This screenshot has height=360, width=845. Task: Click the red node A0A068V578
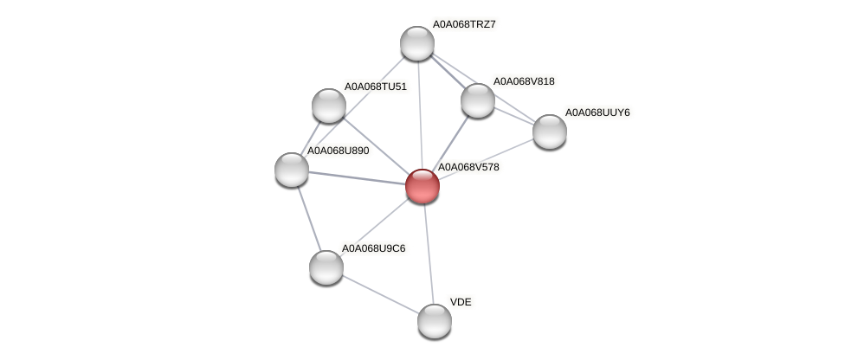(x=422, y=186)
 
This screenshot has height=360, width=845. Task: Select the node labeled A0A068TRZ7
(x=416, y=43)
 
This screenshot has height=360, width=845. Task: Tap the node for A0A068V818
(x=477, y=100)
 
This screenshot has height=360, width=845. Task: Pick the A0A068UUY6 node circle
(x=549, y=132)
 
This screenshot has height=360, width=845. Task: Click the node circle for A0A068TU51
(x=328, y=106)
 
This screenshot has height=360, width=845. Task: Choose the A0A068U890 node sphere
(x=292, y=169)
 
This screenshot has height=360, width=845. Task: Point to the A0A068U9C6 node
(x=326, y=267)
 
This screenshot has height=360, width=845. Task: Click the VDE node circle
(x=435, y=320)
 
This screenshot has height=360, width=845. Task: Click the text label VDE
(x=461, y=302)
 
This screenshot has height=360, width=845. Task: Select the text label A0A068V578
(x=468, y=167)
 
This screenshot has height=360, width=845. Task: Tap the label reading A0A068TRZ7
(x=464, y=24)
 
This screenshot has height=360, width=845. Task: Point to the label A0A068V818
(x=524, y=81)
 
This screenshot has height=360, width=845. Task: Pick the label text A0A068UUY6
(x=597, y=112)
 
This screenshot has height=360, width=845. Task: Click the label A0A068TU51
(x=375, y=87)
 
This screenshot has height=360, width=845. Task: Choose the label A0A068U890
(x=339, y=151)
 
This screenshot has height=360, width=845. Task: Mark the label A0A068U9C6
(x=373, y=248)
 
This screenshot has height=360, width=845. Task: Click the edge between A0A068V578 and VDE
(x=429, y=253)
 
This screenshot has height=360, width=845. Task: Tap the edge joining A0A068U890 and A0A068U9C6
(x=309, y=217)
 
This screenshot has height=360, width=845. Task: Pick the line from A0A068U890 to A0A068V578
(x=357, y=177)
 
